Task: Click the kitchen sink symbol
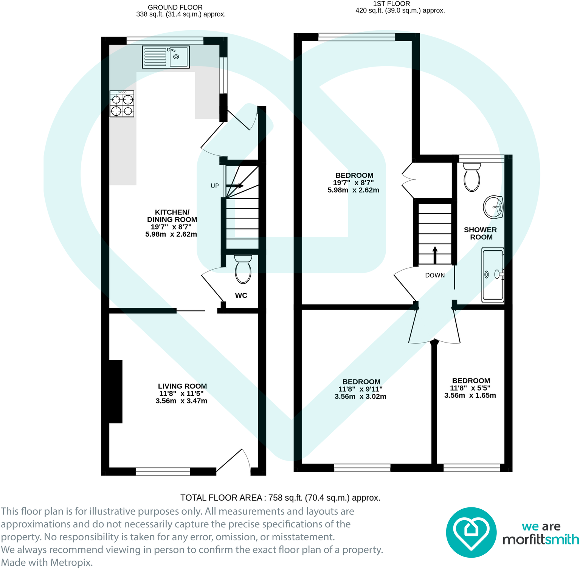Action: tap(166, 57)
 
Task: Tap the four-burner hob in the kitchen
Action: tap(122, 104)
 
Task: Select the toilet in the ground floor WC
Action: tap(243, 269)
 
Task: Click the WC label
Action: tap(241, 296)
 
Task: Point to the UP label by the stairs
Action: tap(215, 186)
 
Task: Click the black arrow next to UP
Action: tap(235, 186)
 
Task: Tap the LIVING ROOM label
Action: tap(182, 386)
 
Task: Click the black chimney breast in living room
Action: tap(116, 391)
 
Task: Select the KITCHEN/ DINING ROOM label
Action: tap(172, 216)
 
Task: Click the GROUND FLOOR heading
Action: tap(175, 7)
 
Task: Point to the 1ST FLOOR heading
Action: tap(391, 4)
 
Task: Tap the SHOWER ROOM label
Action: tap(481, 233)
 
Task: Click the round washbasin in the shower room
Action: tap(493, 207)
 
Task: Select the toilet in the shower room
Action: tap(472, 177)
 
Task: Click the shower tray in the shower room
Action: tap(493, 275)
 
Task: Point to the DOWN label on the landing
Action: tap(435, 275)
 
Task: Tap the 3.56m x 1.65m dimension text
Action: tap(470, 395)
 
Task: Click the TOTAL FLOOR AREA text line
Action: tap(280, 498)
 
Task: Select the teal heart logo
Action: tap(471, 532)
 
